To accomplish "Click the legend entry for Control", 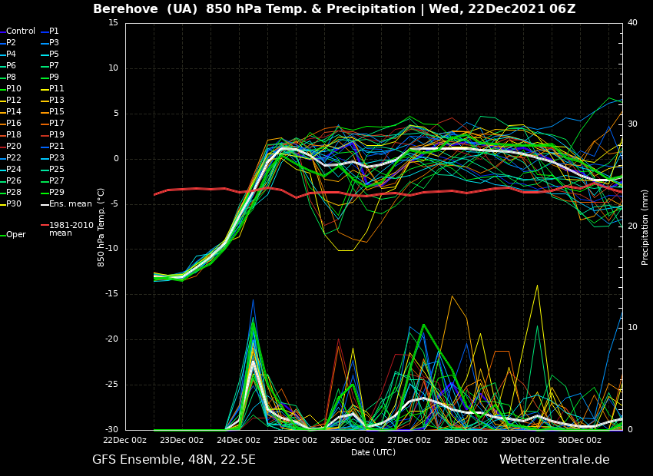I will [x=21, y=31].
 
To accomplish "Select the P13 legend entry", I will [x=57, y=101].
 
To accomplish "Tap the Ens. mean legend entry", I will [x=70, y=204].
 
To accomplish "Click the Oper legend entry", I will [x=16, y=235].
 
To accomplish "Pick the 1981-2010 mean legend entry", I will [x=71, y=229].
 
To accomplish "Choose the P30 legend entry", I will [x=15, y=204].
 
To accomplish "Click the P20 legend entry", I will [x=15, y=147].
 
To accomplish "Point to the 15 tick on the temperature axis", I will [x=113, y=23].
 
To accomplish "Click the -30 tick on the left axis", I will [x=111, y=430].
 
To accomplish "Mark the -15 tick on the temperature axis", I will [x=111, y=294].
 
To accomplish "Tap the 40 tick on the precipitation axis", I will [x=632, y=23].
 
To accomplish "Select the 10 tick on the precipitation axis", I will [x=632, y=328].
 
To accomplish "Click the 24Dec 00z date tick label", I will [x=238, y=441].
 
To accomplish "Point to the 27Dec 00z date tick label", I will [x=409, y=441].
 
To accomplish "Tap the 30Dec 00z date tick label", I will [x=579, y=441].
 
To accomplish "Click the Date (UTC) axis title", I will [x=373, y=453].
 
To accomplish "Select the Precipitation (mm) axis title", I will [x=645, y=227].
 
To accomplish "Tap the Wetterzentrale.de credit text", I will [x=554, y=460].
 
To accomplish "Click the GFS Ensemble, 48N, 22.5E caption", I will [x=174, y=460].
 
